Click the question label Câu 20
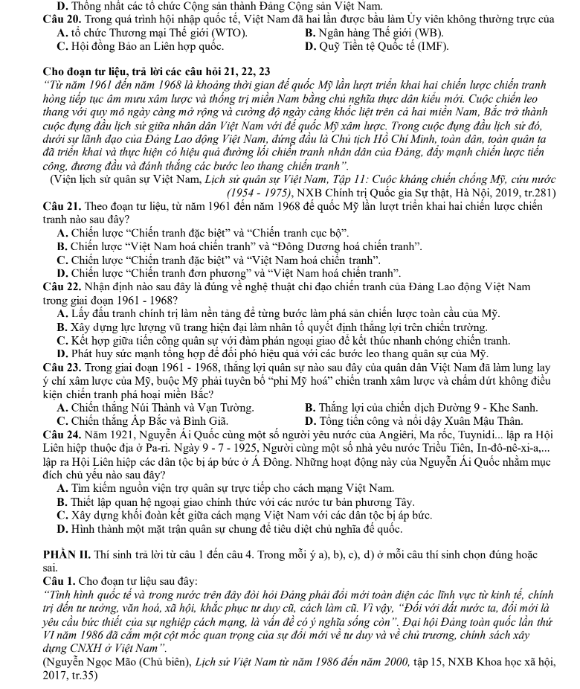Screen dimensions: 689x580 (39, 19)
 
